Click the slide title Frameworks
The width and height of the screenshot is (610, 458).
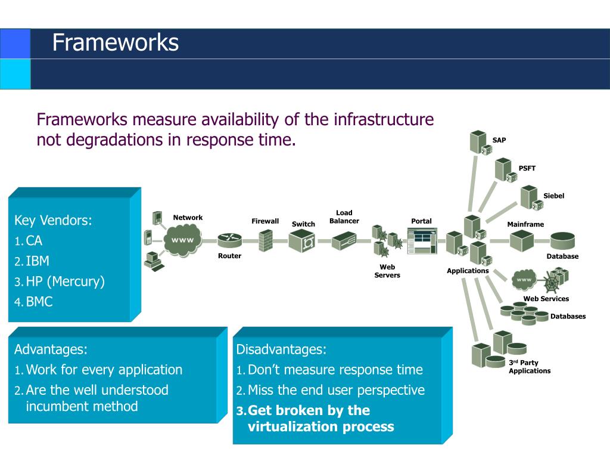click(x=116, y=42)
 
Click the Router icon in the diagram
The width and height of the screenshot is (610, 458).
click(x=229, y=240)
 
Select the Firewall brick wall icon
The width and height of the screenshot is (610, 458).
click(x=266, y=240)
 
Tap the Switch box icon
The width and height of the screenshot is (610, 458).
click(x=302, y=241)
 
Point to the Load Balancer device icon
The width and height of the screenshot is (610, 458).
click(x=344, y=241)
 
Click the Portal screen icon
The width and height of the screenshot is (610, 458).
click(x=422, y=241)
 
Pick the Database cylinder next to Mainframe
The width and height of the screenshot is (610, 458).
click(x=562, y=240)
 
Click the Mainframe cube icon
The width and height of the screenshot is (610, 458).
click(x=521, y=241)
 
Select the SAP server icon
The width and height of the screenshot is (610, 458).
click(x=481, y=143)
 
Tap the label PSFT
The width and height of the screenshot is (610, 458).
click(x=527, y=168)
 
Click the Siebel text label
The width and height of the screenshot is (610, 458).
click(x=553, y=196)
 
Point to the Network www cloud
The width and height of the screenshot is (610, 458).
click(x=182, y=240)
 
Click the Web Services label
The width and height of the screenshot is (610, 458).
click(x=546, y=299)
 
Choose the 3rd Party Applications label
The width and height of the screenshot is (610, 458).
click(x=530, y=367)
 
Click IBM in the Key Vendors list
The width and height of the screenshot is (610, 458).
click(x=38, y=261)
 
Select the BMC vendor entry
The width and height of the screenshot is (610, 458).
click(x=39, y=301)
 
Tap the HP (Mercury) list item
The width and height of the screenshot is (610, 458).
click(x=66, y=281)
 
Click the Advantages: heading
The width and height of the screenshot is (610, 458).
click(x=51, y=349)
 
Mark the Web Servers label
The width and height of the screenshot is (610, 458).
click(x=387, y=271)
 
